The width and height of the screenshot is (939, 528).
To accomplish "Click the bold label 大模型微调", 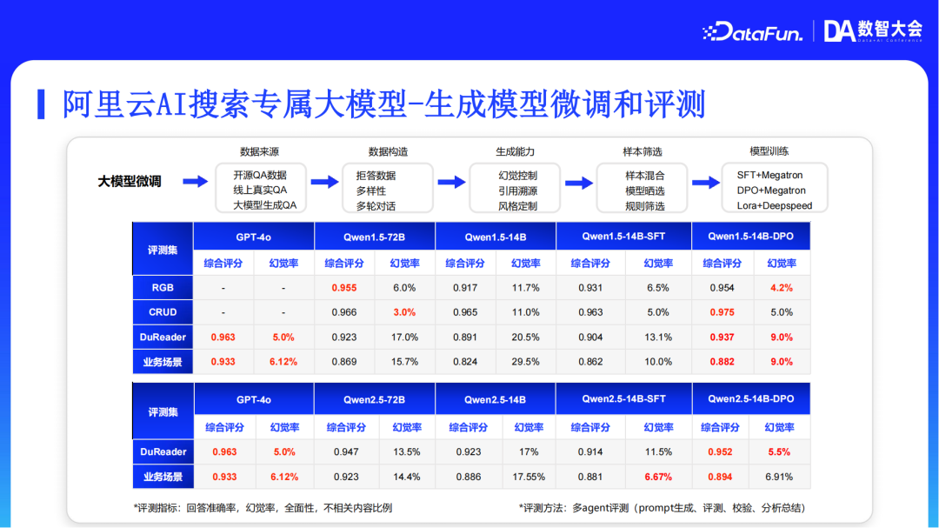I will [129, 182].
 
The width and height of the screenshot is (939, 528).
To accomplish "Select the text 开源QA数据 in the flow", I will [259, 175].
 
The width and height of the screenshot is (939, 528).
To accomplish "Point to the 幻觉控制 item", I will [517, 175].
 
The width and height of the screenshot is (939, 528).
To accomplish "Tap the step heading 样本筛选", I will [643, 151].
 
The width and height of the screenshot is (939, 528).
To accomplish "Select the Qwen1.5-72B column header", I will [374, 237].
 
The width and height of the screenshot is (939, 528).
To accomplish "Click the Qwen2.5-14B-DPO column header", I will [751, 399].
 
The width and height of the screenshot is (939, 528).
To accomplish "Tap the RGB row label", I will [163, 288].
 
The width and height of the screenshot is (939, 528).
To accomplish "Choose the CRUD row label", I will [163, 312].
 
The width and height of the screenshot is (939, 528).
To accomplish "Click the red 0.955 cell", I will [344, 288].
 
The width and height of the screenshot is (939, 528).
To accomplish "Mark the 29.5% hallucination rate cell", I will [525, 362].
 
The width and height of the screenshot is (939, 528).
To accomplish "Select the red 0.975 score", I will [721, 312].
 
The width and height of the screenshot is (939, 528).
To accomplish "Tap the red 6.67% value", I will [658, 477].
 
